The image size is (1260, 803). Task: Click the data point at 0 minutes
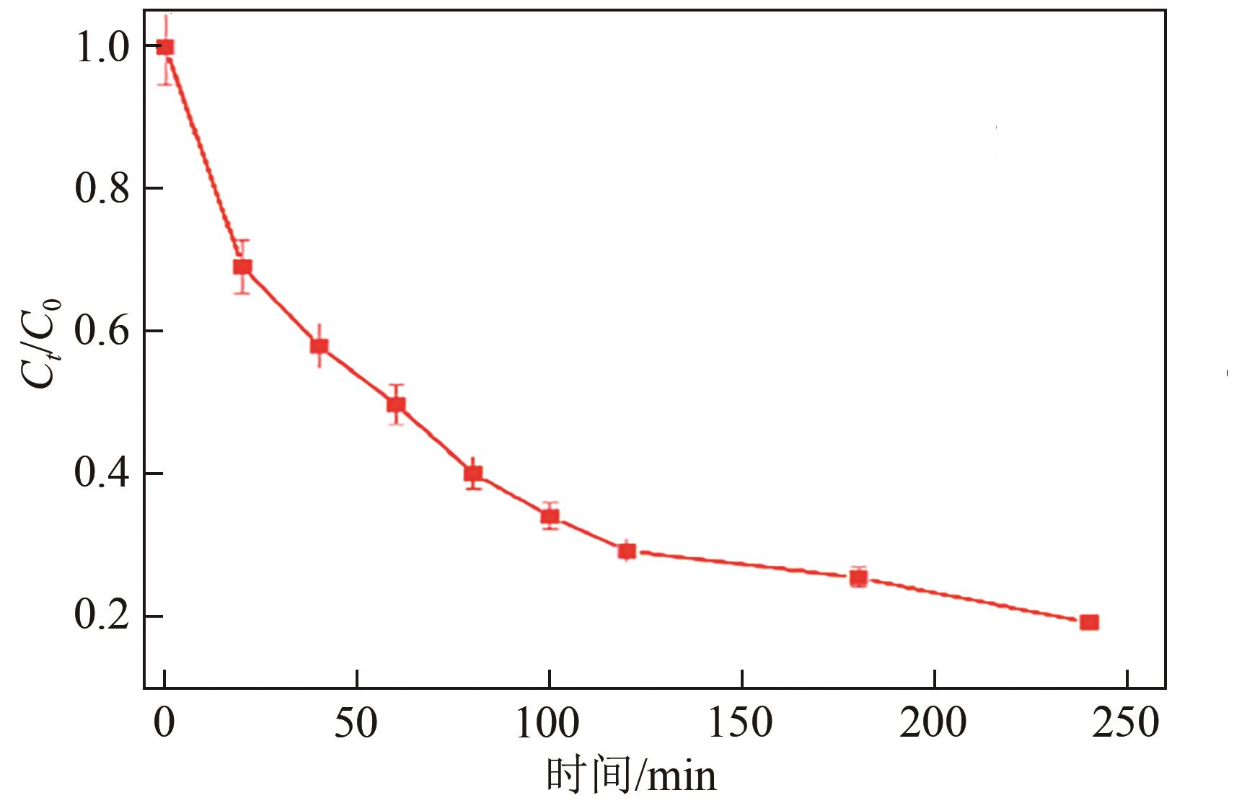click(165, 48)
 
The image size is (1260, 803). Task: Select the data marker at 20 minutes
click(242, 267)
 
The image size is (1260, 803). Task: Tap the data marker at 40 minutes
click(319, 346)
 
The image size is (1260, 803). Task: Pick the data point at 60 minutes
click(396, 404)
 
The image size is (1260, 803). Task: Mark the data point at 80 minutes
click(473, 474)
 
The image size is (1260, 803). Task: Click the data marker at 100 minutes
click(550, 516)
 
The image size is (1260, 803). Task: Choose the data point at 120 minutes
click(627, 551)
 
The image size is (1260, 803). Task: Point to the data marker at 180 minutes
click(858, 578)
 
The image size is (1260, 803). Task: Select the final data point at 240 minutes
click(1089, 622)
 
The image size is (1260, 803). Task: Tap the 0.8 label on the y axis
click(102, 189)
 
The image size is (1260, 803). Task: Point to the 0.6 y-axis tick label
click(102, 332)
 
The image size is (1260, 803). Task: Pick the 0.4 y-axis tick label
click(102, 474)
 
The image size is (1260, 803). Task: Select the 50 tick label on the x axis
click(356, 723)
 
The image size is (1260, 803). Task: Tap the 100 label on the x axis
click(547, 723)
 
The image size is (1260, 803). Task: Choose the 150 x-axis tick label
click(741, 723)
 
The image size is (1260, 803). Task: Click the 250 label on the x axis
click(1126, 723)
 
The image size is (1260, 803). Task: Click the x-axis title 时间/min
click(631, 776)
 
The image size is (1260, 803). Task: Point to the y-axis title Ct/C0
click(42, 343)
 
